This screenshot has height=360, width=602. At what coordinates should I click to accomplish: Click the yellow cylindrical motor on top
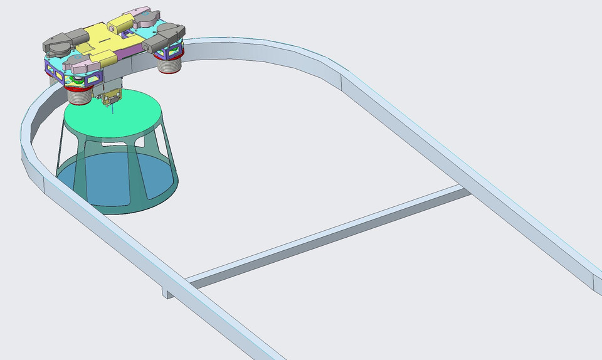point(119,24)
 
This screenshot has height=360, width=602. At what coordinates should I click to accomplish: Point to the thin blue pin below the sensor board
point(111,110)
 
